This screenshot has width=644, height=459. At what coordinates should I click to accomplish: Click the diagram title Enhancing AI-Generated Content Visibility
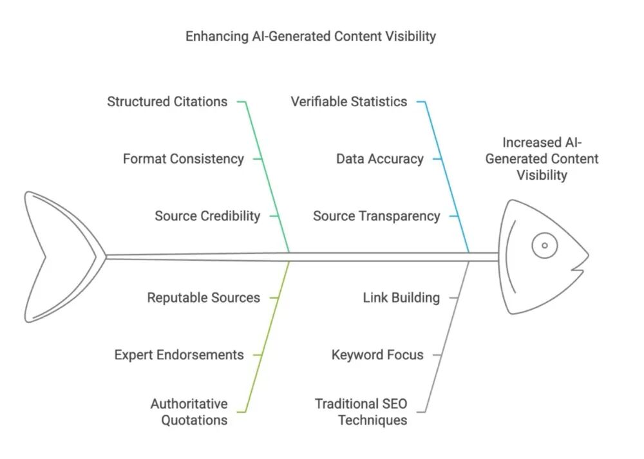coord(310,37)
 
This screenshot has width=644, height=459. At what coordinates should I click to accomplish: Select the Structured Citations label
coord(167,102)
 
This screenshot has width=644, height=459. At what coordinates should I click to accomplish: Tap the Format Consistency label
coord(183,159)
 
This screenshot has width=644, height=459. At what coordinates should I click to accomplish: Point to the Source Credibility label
coord(207,216)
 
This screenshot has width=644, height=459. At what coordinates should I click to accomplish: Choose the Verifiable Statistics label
coord(349,102)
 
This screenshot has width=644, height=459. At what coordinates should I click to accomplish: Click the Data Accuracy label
coord(380,159)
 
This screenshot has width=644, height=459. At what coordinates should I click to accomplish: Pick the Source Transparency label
coord(377,216)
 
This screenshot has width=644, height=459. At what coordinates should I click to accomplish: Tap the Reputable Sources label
coord(204,297)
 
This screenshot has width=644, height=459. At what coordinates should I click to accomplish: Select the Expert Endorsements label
coord(179,355)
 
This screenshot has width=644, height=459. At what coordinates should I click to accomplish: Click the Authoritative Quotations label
coord(189,412)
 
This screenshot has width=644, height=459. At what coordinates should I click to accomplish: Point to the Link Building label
coord(401,297)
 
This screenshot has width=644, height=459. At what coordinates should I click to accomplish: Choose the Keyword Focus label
coord(377,355)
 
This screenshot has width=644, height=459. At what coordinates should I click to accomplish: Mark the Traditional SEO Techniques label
coord(361,412)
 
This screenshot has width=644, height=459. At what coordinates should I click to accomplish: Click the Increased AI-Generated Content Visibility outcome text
coord(542,159)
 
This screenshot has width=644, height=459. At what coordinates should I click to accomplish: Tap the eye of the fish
coord(545,245)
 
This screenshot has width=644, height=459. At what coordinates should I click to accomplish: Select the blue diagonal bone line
coord(447,176)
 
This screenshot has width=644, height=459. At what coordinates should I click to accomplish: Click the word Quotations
coord(194,420)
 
